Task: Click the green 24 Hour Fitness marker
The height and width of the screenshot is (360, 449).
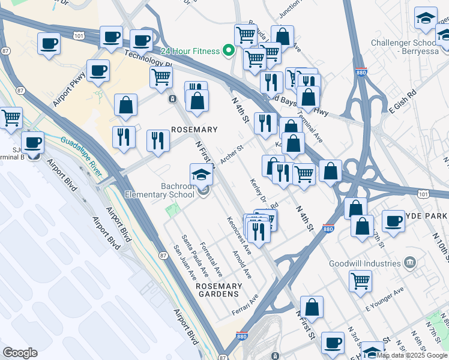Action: click(x=228, y=50)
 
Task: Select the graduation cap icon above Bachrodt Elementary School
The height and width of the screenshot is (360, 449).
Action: click(x=202, y=175)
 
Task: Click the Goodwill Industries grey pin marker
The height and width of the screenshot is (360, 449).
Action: click(x=410, y=263)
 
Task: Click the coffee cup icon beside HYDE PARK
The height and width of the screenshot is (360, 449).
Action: click(x=393, y=221)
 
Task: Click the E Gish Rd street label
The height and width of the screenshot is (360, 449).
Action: click(x=403, y=102)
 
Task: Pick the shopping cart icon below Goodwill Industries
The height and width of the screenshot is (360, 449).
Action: click(x=360, y=280)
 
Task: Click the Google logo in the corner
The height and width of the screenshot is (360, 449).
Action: click(x=20, y=353)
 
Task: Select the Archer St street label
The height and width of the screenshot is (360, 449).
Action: click(x=231, y=154)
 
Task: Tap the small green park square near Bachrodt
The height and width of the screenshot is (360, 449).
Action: click(x=173, y=211)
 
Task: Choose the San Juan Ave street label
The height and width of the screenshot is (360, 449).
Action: click(x=184, y=263)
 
